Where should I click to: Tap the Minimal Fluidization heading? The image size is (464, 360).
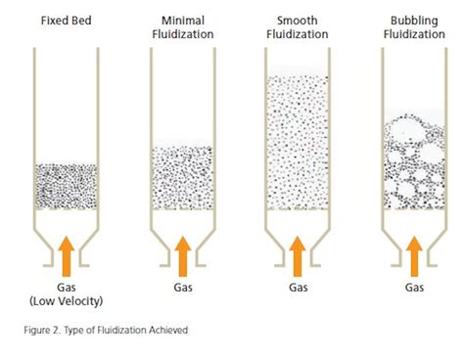tap(182, 26)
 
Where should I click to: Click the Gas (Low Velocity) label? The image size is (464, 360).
tap(67, 294)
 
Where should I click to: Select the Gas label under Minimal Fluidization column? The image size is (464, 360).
tap(182, 288)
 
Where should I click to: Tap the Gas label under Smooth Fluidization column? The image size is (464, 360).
tap(297, 288)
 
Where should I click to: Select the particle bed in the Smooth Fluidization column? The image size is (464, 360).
tap(297, 142)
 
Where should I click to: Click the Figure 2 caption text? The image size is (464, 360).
tap(105, 330)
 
